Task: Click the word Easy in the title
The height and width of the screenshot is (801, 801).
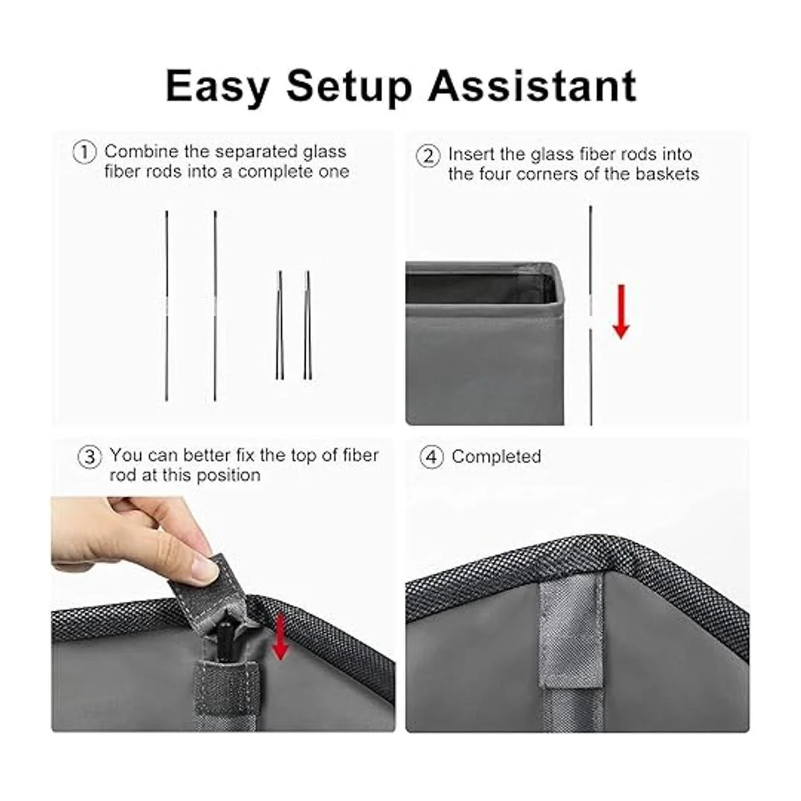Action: (218, 87)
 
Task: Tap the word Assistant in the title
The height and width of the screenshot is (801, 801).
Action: (533, 85)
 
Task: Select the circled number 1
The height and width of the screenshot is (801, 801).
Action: (85, 153)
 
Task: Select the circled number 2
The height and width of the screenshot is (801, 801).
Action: (428, 156)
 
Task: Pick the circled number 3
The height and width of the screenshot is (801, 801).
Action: (90, 457)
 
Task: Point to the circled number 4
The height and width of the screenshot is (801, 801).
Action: (432, 457)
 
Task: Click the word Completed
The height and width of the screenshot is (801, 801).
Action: (497, 457)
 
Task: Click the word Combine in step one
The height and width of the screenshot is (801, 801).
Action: (142, 152)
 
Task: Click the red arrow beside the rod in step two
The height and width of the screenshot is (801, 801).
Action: (621, 312)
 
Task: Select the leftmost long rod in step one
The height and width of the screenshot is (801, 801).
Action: (167, 306)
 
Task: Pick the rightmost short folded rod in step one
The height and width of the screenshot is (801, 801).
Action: (308, 325)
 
